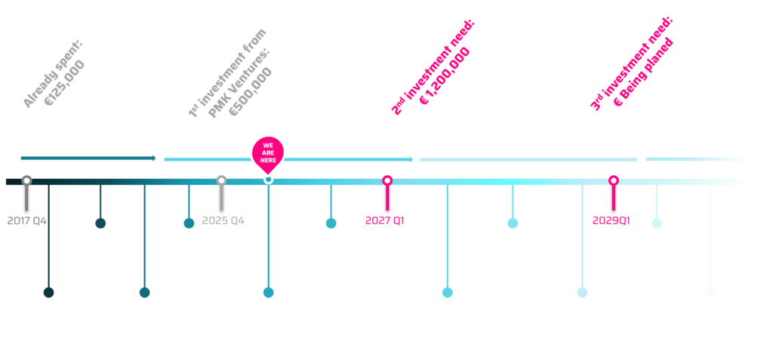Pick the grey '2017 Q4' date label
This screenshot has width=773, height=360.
(x=27, y=221)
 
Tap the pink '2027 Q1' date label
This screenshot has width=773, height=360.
(x=385, y=220)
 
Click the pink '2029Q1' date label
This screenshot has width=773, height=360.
(x=611, y=220)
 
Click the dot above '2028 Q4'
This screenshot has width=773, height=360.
(x=582, y=292)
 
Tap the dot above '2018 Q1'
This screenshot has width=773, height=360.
(x=49, y=292)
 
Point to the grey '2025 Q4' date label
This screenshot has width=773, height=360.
(x=223, y=221)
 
